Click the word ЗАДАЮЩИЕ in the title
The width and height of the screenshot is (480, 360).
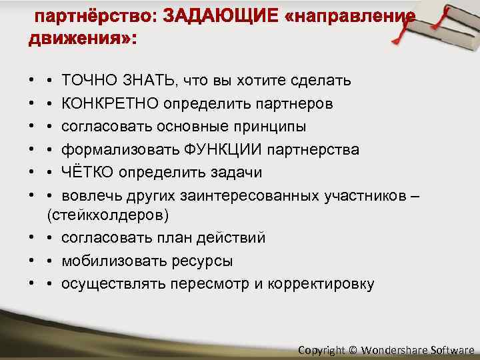220,16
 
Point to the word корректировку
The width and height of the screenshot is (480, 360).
321,283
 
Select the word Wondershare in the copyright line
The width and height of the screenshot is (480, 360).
396,349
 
